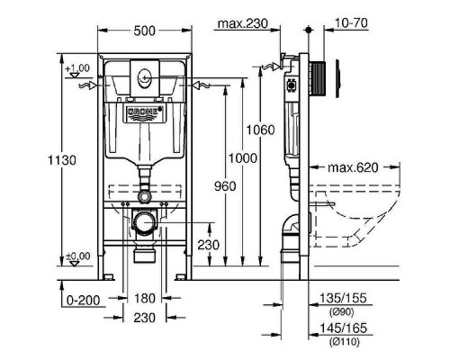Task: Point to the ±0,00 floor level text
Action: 78,257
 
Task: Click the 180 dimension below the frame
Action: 144,297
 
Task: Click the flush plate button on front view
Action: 145,75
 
